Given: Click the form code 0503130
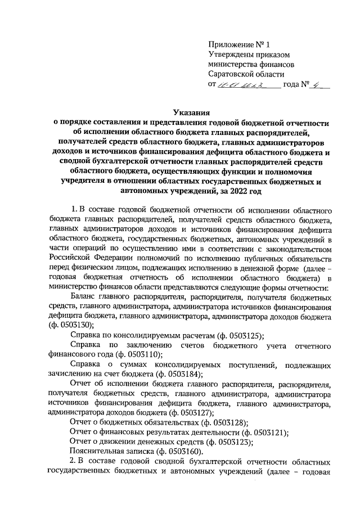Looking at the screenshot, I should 71,326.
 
